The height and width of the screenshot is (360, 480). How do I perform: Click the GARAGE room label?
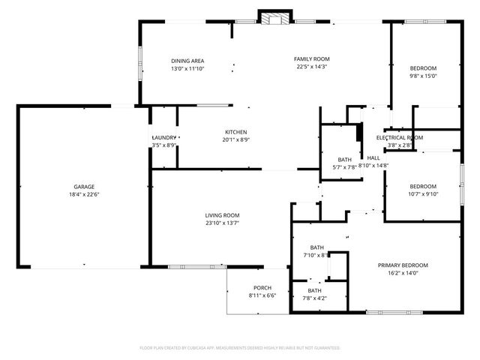(x=83, y=187)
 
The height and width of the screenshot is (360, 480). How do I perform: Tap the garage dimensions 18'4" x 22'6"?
(x=83, y=194)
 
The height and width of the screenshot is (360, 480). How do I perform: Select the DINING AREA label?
(x=187, y=61)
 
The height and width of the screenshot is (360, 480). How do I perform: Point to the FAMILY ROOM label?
(x=311, y=58)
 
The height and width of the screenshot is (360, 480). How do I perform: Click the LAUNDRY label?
(x=163, y=137)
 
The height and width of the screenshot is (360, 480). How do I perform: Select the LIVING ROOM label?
(x=222, y=215)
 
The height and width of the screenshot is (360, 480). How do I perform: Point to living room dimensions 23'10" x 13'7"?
(x=222, y=223)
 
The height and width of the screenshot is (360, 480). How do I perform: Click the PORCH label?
(x=262, y=288)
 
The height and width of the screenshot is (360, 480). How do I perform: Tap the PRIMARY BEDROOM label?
(x=403, y=265)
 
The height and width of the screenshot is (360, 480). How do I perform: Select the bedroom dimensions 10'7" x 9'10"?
(x=423, y=194)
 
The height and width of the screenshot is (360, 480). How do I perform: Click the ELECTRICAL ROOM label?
(x=400, y=137)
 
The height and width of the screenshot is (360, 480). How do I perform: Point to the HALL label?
(x=373, y=157)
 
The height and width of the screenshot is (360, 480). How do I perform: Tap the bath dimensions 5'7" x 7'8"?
(x=344, y=167)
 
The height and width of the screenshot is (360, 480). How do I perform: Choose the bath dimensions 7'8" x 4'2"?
(x=314, y=298)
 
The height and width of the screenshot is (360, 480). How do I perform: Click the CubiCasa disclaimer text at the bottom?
(x=240, y=348)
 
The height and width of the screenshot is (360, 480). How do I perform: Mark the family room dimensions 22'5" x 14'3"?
(x=311, y=66)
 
